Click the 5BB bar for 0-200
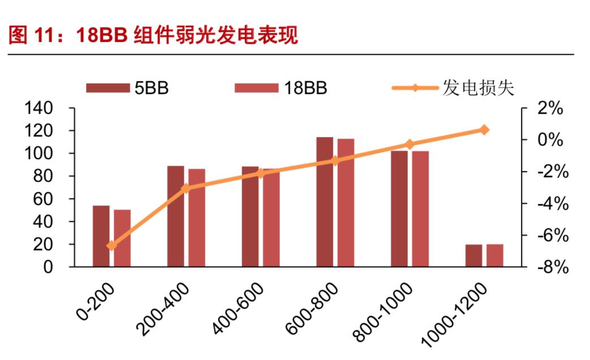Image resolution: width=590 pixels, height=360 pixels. click(x=101, y=236)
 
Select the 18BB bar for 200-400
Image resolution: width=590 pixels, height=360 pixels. click(x=196, y=218)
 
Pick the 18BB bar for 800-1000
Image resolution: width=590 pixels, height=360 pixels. click(x=420, y=209)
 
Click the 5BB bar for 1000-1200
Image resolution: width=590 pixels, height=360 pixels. click(x=474, y=255)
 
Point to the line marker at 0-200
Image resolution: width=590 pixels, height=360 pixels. click(x=111, y=246)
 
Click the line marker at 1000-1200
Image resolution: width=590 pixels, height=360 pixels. click(x=484, y=130)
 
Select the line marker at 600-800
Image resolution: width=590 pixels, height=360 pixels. click(x=335, y=161)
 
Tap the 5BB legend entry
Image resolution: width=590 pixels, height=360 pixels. click(x=128, y=88)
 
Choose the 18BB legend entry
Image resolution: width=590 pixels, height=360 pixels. click(x=281, y=88)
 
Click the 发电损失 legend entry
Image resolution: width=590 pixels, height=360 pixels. click(x=453, y=88)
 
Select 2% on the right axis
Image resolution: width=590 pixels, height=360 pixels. click(x=549, y=108)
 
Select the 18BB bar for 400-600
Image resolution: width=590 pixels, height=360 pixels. click(x=271, y=218)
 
